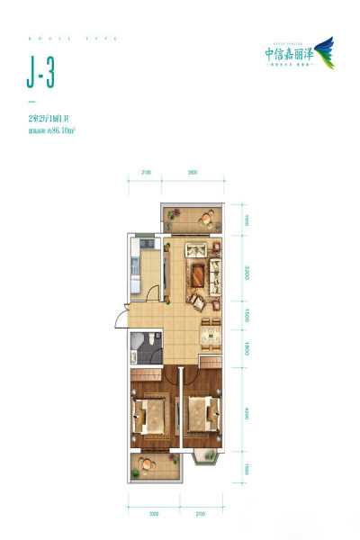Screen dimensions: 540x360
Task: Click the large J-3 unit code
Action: coord(40,75)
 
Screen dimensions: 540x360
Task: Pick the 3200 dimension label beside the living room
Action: coord(243,269)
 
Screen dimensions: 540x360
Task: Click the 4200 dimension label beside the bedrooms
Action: coord(243,413)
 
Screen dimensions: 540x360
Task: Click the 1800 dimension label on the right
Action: coord(243,350)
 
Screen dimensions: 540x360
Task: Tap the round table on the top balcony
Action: coord(206,217)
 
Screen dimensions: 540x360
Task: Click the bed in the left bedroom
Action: coord(150,414)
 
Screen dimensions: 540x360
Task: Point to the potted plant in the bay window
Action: coord(213,458)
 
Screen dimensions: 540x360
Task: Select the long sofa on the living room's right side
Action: coord(215,271)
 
